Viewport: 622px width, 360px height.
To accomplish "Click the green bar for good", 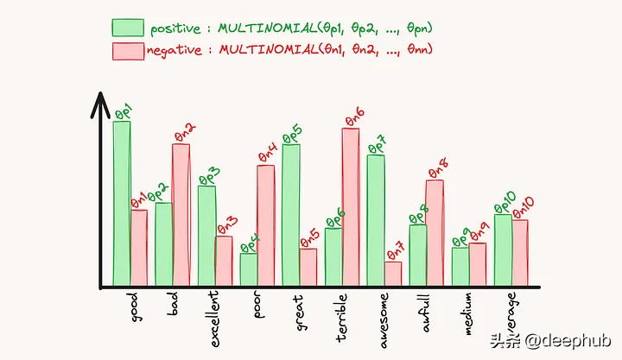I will tap(122, 203).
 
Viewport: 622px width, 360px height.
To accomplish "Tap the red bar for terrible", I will tap(351, 207).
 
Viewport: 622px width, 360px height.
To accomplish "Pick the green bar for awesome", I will tap(376, 220).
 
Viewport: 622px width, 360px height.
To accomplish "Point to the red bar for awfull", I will tap(435, 232).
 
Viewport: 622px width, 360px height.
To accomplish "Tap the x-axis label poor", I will tap(259, 306).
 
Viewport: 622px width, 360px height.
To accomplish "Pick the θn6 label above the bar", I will tap(353, 114).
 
